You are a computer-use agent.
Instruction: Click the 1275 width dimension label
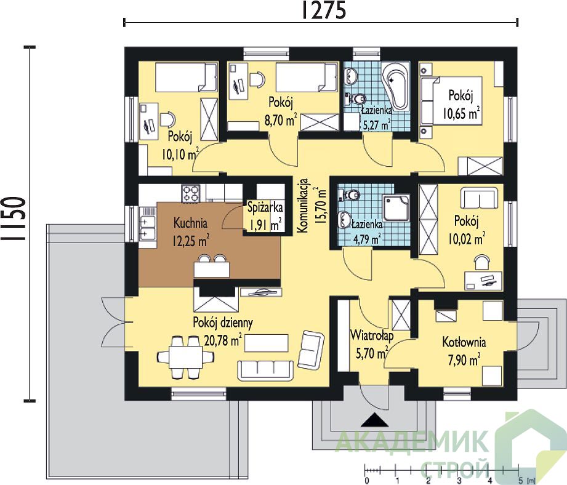coord(323,10)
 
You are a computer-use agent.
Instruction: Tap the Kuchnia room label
coord(190,223)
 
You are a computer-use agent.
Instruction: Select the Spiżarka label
coord(265,208)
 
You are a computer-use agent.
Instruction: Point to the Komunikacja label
coord(303,205)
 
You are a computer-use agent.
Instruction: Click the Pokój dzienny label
coord(223,323)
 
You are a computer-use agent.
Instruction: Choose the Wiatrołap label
coord(372,335)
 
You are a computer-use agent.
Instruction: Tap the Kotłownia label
coord(464,342)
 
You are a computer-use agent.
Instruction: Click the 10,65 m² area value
coord(462,113)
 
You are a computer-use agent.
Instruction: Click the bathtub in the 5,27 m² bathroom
coord(396,87)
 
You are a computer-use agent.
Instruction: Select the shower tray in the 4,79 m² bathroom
coord(396,208)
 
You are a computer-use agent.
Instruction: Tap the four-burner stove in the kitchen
coord(191,193)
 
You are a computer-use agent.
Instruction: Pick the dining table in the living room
coord(185,357)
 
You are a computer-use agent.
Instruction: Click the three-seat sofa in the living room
coord(265,370)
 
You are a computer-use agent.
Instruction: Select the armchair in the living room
coord(311,350)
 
